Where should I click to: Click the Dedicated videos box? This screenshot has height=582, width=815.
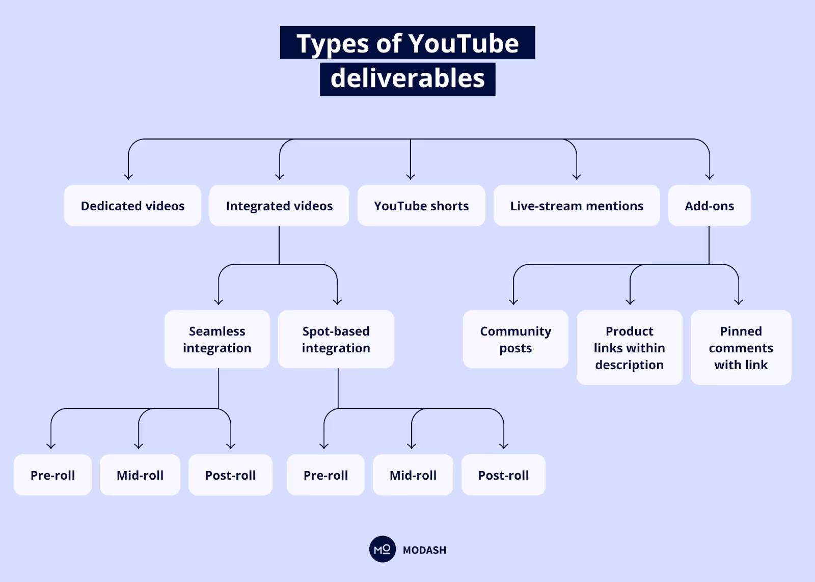132,206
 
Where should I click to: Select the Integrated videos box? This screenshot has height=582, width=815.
279,206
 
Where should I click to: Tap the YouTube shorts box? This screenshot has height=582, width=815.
421,206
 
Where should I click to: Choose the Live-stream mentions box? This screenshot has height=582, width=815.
577,206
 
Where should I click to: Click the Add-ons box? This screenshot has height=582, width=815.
709,206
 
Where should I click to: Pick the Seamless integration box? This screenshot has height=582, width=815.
217,339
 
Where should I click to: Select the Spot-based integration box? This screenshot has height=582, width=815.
336,339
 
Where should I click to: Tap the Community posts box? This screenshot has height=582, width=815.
515,339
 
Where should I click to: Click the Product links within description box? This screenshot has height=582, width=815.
629,348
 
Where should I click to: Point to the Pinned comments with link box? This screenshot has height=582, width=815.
741,348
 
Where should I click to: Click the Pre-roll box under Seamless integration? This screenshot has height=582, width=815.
52,475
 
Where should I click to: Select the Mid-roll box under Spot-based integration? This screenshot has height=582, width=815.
413,475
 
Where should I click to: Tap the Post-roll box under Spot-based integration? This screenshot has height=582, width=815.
503,475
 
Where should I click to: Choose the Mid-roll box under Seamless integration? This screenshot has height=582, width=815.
140,475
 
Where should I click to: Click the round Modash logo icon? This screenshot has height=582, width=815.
382,549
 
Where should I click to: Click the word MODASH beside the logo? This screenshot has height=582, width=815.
424,550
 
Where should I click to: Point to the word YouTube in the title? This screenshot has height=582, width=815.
463,43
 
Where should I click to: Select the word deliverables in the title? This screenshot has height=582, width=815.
407,78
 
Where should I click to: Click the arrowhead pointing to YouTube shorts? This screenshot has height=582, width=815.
411,177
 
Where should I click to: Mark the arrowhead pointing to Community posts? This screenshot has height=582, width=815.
513,301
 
